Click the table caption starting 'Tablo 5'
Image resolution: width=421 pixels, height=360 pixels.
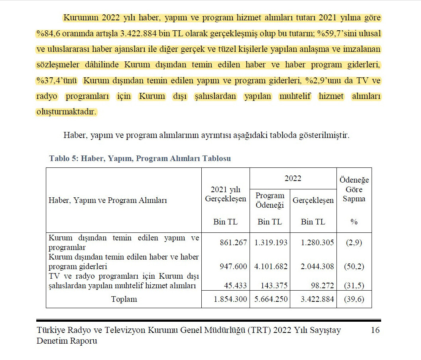click(140, 158)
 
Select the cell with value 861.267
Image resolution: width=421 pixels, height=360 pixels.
click(233, 242)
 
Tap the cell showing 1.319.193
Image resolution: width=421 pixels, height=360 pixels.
click(271, 242)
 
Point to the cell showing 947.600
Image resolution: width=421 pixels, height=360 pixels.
click(233, 266)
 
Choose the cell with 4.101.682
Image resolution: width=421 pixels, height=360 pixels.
click(271, 266)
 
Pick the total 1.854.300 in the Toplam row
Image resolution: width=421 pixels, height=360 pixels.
click(230, 299)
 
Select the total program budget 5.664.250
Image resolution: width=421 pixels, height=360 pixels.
click(271, 299)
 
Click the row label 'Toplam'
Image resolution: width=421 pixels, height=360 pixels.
click(124, 299)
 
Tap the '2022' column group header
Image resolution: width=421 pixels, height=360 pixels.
click(293, 178)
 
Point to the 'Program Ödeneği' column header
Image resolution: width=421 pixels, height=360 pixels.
click(270, 200)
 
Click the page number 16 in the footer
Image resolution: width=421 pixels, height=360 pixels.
click(375, 330)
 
